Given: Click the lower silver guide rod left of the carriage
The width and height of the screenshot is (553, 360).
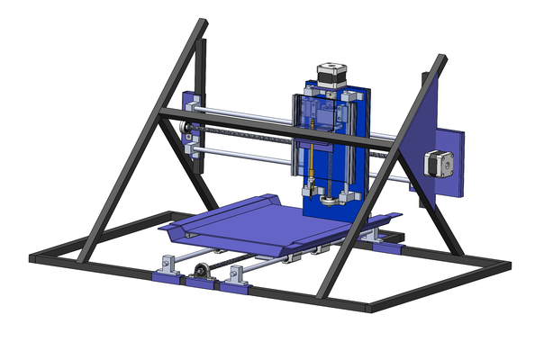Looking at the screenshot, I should point(243,154).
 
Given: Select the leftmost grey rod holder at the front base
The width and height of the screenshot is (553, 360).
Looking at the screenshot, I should point(167,266).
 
